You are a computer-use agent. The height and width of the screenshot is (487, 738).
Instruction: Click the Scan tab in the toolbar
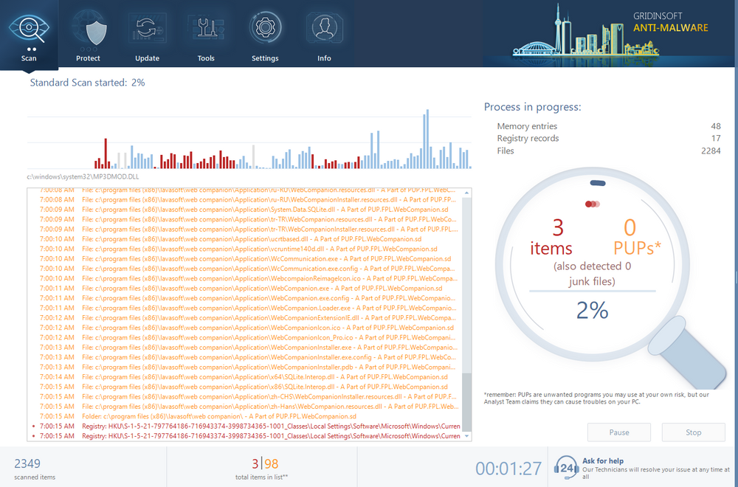29,35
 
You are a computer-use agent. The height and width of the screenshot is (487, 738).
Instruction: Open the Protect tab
88,35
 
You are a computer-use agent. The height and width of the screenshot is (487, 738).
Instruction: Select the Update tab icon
147,35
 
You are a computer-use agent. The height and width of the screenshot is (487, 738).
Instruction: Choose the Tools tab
206,35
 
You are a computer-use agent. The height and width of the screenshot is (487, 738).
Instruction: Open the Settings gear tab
265,35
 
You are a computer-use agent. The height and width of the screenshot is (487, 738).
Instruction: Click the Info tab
324,35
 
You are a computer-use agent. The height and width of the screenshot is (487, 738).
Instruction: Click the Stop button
693,432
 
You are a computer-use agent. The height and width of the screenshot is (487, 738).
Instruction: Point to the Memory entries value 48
715,126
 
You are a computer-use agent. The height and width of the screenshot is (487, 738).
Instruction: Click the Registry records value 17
715,139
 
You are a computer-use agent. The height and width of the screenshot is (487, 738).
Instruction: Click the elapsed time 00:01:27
508,468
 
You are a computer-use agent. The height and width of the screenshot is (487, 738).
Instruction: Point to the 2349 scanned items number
27,463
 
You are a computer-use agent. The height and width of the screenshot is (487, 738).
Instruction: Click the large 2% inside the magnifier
592,311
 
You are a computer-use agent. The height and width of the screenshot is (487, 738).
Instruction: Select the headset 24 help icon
565,467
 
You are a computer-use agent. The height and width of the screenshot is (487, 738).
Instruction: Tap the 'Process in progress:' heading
532,107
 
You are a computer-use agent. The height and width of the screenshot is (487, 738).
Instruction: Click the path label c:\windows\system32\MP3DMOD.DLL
83,178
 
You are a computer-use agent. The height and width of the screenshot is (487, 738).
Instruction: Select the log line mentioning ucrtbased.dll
251,239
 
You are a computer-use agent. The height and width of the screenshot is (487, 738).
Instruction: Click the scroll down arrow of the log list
466,436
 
